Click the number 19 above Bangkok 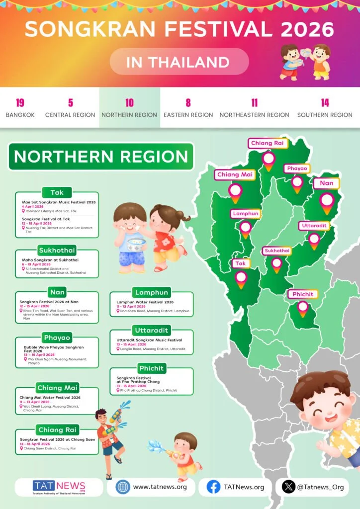click(20, 103)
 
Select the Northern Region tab click(129, 108)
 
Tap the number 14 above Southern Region click(325, 103)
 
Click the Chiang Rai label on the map click(268, 143)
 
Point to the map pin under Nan click(327, 201)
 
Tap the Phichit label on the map click(303, 294)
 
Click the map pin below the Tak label click(241, 278)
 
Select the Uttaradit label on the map click(314, 226)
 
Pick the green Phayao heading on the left click(57, 338)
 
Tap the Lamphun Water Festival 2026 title click(145, 302)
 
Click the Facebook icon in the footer click(213, 487)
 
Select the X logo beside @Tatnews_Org click(288, 487)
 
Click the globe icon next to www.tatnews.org click(123, 487)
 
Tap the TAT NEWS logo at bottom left click(59, 487)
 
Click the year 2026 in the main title click(307, 29)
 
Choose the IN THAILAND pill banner click(179, 62)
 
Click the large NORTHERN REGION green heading click(101, 157)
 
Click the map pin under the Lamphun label click(245, 228)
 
